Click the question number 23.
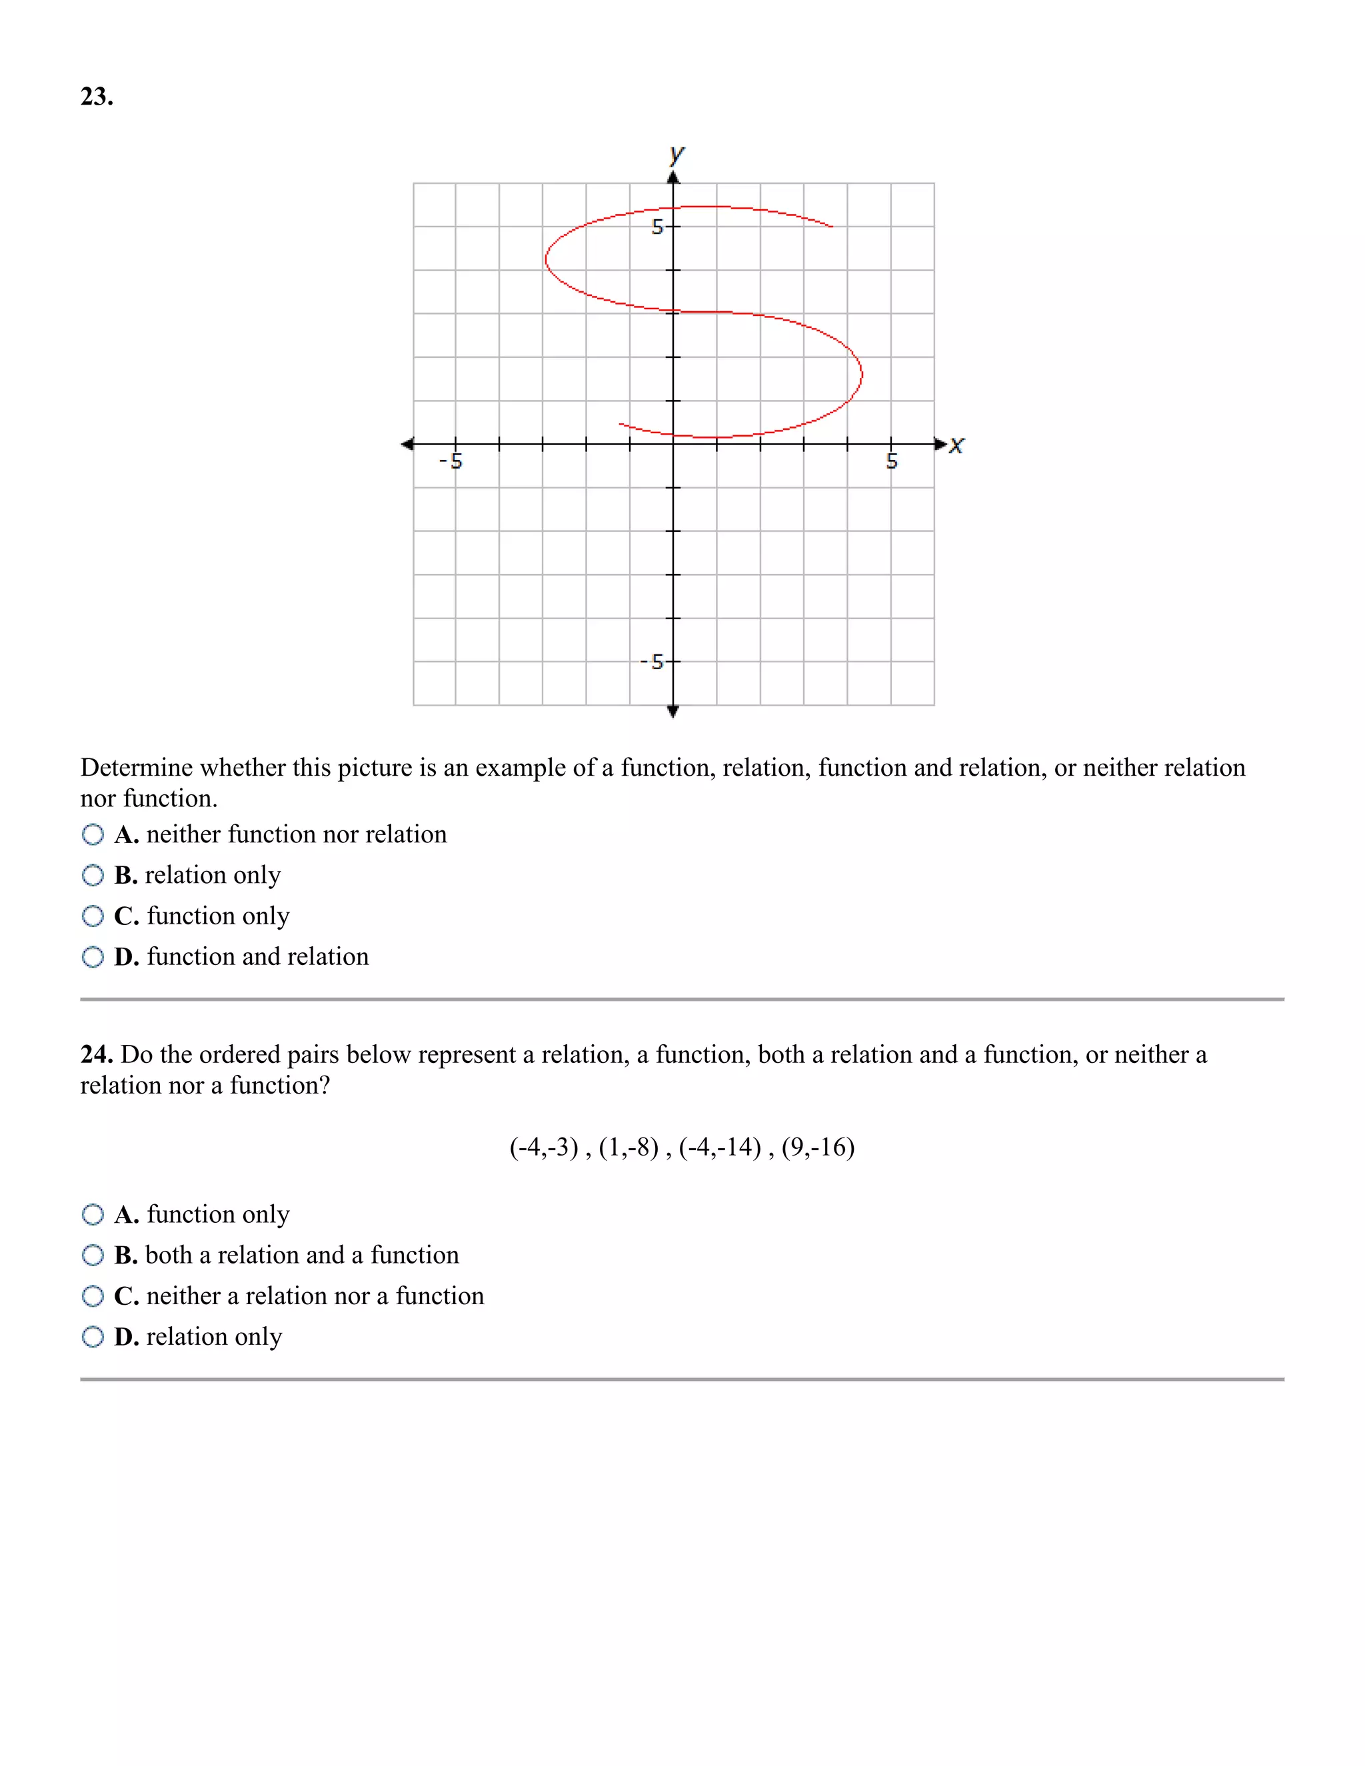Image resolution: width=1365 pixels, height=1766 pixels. pyautogui.click(x=96, y=97)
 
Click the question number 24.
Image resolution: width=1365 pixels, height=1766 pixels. pyautogui.click(x=96, y=1054)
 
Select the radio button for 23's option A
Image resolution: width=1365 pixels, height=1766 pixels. pyautogui.click(x=93, y=834)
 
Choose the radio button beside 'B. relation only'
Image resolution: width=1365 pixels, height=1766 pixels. pyautogui.click(x=93, y=875)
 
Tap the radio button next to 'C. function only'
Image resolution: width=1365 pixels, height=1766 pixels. pyautogui.click(x=93, y=916)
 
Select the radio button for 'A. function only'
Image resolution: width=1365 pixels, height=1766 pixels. pyautogui.click(x=93, y=1214)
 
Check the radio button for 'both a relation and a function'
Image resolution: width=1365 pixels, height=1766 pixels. pyautogui.click(x=93, y=1255)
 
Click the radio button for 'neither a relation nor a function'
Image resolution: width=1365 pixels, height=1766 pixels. pyautogui.click(x=93, y=1296)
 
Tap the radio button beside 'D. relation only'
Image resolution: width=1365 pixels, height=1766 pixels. pyautogui.click(x=93, y=1337)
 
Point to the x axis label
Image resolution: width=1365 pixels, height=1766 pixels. pyautogui.click(x=956, y=444)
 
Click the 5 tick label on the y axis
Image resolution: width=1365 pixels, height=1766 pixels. pyautogui.click(x=657, y=227)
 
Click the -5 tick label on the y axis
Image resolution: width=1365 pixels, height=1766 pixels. pyautogui.click(x=652, y=662)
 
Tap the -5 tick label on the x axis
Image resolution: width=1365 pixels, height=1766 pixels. pyautogui.click(x=451, y=462)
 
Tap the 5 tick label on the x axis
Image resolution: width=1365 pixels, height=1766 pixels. pyautogui.click(x=892, y=462)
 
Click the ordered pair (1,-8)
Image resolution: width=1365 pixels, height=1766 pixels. pyautogui.click(x=629, y=1148)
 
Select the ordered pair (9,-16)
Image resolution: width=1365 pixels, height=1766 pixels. pyautogui.click(x=818, y=1148)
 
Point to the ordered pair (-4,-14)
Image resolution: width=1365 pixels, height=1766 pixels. pyautogui.click(x=720, y=1148)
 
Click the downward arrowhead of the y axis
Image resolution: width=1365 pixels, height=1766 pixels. pyautogui.click(x=673, y=712)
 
